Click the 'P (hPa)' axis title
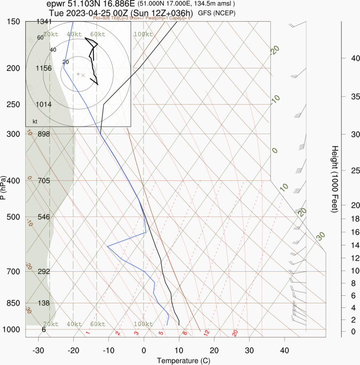4,187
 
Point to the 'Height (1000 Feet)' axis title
335,179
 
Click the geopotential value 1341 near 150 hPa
44,22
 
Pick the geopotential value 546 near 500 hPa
44,217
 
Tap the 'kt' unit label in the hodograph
35,122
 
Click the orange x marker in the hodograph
83,75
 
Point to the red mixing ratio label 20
235,333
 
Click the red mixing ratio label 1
88,333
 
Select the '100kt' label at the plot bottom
143,324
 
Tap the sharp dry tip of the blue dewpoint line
107,246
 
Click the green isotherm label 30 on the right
321,236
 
